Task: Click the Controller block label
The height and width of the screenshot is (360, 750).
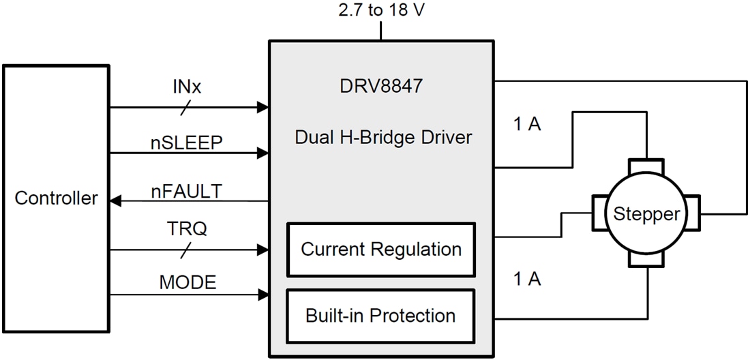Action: click(x=56, y=198)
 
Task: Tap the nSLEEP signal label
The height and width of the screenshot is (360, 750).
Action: click(x=186, y=141)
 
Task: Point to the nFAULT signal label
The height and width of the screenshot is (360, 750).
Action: click(x=186, y=192)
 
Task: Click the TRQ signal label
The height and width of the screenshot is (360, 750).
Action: click(x=186, y=230)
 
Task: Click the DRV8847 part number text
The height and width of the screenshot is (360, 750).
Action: click(x=382, y=87)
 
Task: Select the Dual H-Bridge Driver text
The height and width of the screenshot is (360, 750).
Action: click(x=383, y=137)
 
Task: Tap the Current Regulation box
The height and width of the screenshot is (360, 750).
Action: click(x=381, y=249)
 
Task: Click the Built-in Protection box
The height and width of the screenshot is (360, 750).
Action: click(x=381, y=316)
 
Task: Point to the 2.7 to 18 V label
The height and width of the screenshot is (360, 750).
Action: click(x=382, y=11)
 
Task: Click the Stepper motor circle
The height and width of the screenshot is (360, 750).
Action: click(x=646, y=214)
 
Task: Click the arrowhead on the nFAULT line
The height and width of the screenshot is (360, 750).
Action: click(x=116, y=201)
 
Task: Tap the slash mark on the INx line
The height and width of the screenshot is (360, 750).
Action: click(x=186, y=107)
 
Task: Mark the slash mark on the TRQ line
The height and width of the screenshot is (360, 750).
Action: click(x=186, y=250)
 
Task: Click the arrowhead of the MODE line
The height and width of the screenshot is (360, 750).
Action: click(x=262, y=295)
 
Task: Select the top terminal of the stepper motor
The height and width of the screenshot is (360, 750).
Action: click(x=646, y=166)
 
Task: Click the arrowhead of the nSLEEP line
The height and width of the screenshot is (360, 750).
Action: click(x=262, y=154)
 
